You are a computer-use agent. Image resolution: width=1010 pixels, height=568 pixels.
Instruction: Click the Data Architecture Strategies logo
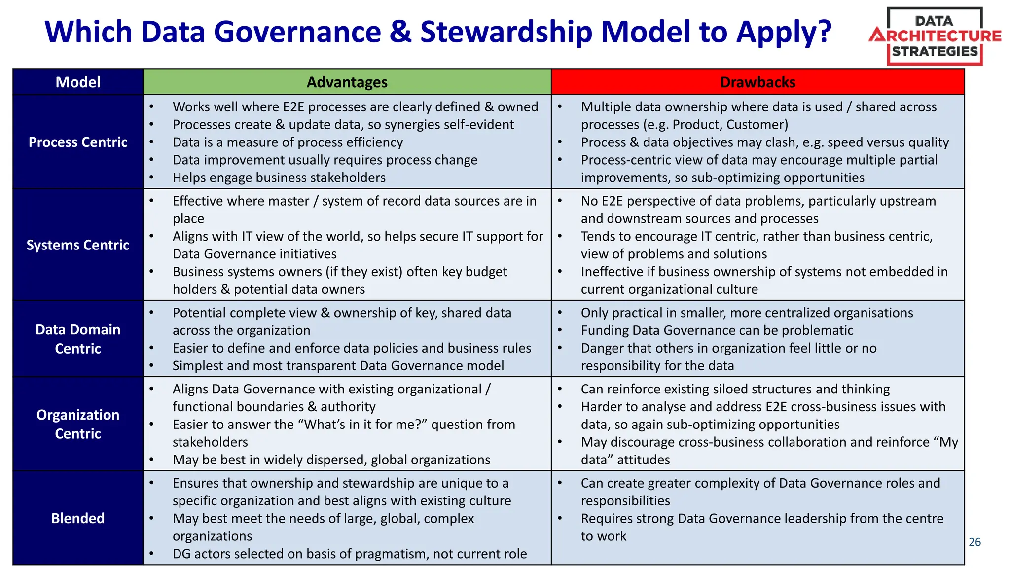pos(935,36)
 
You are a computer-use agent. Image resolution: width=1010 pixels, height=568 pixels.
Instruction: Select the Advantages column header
pos(347,82)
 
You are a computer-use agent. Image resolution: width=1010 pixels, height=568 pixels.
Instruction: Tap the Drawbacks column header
pos(757,82)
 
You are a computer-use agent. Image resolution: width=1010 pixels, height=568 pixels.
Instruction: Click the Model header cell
pos(78,82)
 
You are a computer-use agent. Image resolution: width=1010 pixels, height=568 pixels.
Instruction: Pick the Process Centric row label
pos(78,142)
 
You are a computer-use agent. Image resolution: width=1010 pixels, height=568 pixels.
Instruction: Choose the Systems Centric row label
pos(78,245)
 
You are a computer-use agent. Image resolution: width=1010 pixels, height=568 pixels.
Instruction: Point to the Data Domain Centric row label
pos(78,339)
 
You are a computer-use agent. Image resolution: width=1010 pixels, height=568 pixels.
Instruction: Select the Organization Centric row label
pos(78,424)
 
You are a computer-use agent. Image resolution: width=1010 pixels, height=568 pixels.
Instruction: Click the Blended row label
pos(78,518)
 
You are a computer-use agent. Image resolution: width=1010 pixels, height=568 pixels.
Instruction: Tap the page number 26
pos(974,542)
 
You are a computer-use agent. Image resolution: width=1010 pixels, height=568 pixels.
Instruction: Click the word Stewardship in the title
pos(506,32)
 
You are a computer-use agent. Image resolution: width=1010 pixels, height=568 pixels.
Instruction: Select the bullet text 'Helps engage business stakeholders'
pos(279,177)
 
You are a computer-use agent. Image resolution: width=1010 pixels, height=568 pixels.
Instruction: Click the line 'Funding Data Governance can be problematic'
pos(717,330)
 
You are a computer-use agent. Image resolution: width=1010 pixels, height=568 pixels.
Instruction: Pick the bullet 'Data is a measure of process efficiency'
pos(288,142)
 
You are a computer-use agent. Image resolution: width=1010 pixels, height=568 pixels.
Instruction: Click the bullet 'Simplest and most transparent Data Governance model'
pos(338,366)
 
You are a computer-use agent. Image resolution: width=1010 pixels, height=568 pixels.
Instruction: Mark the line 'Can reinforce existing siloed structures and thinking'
pos(735,389)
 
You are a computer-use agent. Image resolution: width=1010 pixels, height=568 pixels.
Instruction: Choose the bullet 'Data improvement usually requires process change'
pos(325,160)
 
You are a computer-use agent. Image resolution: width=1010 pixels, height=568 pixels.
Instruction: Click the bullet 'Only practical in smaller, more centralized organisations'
pos(747,313)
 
